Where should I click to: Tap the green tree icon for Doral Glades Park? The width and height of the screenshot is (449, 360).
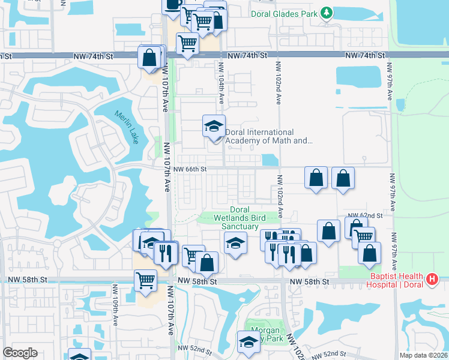point(327,13)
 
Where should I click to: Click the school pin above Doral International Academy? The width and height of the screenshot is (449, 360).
point(214,127)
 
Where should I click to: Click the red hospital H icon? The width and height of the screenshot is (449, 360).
point(431,278)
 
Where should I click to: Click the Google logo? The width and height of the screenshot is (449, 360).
point(20,353)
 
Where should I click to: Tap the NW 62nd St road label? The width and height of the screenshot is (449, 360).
point(366,215)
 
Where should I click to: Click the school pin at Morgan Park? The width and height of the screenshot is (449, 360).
point(247,343)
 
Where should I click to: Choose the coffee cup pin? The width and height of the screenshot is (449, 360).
point(173,5)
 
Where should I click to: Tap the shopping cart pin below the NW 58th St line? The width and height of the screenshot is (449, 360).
point(146,280)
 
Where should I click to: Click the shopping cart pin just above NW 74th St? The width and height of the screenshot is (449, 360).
point(187,43)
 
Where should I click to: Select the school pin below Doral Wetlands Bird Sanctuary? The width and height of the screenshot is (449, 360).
point(235,243)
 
